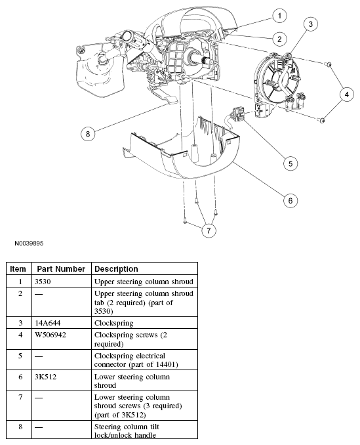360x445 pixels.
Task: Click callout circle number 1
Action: tap(279, 16)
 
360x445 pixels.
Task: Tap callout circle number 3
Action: tap(310, 24)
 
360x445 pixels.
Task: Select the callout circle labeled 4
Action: tap(347, 95)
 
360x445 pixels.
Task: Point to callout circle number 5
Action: tap(290, 163)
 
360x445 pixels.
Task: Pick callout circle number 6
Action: tap(290, 201)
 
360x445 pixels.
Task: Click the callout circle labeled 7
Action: tap(209, 230)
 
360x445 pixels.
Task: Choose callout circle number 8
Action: tap(88, 134)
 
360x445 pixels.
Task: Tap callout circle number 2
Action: tap(279, 39)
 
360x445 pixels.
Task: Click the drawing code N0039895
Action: tap(29, 244)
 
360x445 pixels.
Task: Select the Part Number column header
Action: tap(61, 268)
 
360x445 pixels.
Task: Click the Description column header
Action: tap(116, 268)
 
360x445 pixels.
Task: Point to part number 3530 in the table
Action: tap(43, 282)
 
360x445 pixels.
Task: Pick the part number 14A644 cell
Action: tap(48, 323)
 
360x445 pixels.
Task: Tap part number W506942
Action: tap(50, 335)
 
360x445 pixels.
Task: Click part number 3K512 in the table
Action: tap(46, 377)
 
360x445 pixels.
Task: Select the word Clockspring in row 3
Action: tap(114, 324)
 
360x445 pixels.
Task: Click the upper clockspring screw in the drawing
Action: tap(329, 65)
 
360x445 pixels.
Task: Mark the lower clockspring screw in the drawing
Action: tap(321, 120)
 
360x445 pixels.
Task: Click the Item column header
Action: tap(18, 268)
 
